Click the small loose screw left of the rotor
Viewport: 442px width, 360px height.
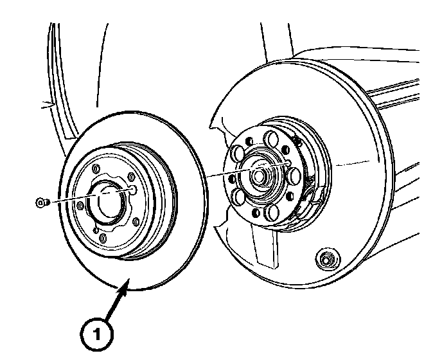41,203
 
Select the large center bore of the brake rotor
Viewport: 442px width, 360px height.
107,204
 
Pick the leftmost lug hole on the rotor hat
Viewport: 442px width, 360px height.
80,206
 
